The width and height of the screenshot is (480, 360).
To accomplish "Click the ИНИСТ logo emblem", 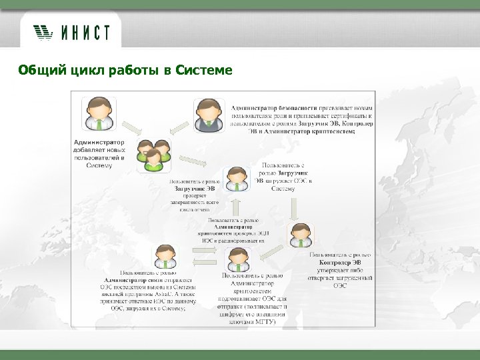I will point(43,31).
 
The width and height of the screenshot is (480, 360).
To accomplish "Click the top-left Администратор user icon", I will point(99,115).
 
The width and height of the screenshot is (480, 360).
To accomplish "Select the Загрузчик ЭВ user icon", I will point(237,179).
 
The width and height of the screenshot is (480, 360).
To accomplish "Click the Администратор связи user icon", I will point(165,257).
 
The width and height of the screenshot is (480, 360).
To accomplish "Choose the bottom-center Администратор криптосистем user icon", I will point(237,258).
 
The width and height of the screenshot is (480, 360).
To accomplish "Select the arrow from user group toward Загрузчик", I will point(194,162).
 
